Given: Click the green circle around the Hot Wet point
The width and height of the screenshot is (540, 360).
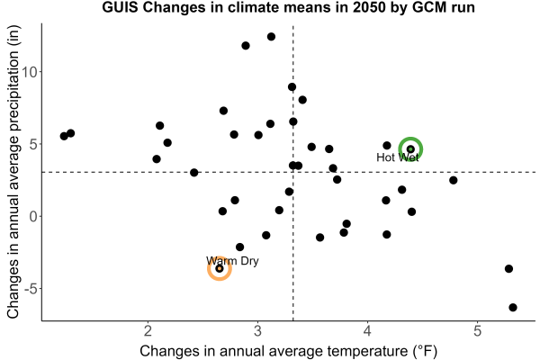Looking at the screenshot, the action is click(410, 138).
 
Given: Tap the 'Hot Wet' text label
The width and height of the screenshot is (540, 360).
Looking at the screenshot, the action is click(398, 157).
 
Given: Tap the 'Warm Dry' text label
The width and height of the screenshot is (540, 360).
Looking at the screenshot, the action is click(232, 261).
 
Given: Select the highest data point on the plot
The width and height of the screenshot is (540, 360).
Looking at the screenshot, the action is click(272, 37).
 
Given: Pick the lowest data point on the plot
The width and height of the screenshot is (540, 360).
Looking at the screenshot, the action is click(513, 307).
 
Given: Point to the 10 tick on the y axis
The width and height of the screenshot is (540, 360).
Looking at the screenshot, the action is click(31, 72).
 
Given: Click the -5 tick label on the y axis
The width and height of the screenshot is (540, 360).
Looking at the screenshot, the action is click(31, 289).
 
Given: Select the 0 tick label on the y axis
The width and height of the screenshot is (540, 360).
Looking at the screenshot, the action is click(33, 216).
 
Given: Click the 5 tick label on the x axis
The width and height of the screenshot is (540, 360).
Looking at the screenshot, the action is click(477, 330).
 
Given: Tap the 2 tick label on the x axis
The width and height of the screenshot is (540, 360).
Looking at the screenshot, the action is click(148, 330).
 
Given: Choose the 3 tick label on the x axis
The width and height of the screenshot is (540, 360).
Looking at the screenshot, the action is click(257, 330).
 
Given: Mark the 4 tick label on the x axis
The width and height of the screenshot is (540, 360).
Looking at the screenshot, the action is click(367, 330).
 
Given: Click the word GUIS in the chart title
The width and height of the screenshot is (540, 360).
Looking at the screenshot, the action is click(121, 7).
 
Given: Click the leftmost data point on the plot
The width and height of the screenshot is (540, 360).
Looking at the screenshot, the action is click(64, 136).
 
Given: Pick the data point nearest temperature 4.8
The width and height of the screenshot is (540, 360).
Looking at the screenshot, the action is click(454, 180).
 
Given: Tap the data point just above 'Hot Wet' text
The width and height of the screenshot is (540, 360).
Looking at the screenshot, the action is click(387, 146).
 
